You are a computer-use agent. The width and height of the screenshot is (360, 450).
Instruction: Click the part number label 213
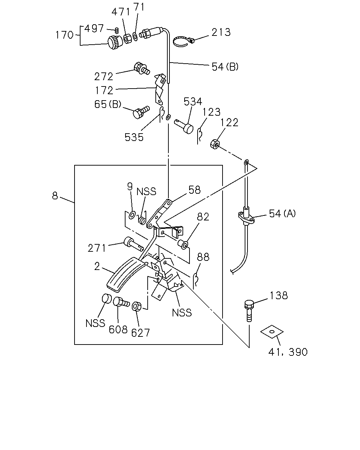pyautogui.click(x=221, y=32)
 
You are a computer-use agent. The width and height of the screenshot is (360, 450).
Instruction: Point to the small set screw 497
pyautogui.click(x=117, y=31)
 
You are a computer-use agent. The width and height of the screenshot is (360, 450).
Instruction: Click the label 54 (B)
pyautogui.click(x=225, y=67)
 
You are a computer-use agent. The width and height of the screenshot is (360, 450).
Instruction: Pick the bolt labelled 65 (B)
pyautogui.click(x=141, y=112)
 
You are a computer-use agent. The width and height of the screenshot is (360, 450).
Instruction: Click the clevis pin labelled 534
pyautogui.click(x=184, y=126)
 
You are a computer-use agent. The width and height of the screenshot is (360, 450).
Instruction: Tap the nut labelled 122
pyautogui.click(x=215, y=144)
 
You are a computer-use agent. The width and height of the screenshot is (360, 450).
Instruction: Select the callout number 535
pyautogui.click(x=134, y=137)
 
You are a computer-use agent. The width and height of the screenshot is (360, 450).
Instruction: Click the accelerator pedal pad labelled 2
pyautogui.click(x=126, y=275)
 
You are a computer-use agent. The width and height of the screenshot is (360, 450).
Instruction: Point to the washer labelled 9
pyautogui.click(x=132, y=215)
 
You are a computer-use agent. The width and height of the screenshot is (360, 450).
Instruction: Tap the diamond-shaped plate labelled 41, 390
pyautogui.click(x=272, y=332)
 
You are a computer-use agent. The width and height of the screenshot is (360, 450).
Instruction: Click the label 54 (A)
pyautogui.click(x=282, y=213)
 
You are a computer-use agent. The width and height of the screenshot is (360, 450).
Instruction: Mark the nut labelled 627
pyautogui.click(x=137, y=307)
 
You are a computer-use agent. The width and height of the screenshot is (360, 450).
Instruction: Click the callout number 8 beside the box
pyautogui.click(x=55, y=196)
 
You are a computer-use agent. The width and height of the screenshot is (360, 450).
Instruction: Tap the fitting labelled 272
pyautogui.click(x=142, y=68)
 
